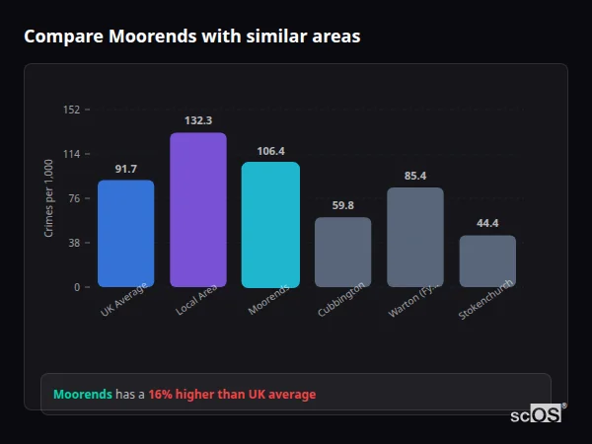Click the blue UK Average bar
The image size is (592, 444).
pyautogui.click(x=125, y=234)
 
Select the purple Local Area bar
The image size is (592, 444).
pyautogui.click(x=198, y=210)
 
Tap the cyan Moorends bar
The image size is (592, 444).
pyautogui.click(x=270, y=225)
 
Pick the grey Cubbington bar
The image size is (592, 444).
pyautogui.click(x=343, y=253)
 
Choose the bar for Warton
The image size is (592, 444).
pyautogui.click(x=415, y=237)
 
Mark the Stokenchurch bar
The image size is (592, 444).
pyautogui.click(x=487, y=261)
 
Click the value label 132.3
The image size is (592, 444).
pyautogui.click(x=198, y=120)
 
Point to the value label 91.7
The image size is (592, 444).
pyautogui.click(x=125, y=169)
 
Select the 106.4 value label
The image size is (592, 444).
pyautogui.click(x=270, y=151)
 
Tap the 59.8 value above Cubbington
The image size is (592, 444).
pyautogui.click(x=343, y=205)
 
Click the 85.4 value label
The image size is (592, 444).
pyautogui.click(x=415, y=176)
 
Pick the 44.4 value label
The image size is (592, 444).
pyautogui.click(x=487, y=223)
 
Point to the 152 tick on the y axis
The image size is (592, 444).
pyautogui.click(x=71, y=110)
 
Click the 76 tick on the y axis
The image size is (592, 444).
pyautogui.click(x=74, y=198)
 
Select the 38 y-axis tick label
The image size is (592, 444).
pyautogui.click(x=74, y=243)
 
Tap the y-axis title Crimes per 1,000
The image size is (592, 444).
pyautogui.click(x=48, y=198)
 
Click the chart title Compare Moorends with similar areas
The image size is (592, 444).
pyautogui.click(x=191, y=37)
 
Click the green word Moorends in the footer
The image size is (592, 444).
pyautogui.click(x=82, y=395)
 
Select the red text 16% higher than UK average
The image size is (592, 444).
pyautogui.click(x=232, y=395)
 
